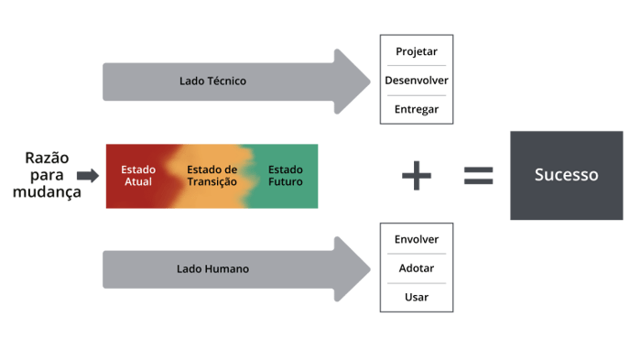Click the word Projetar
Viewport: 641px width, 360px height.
[x=417, y=51]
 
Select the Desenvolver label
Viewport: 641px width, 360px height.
[x=417, y=80]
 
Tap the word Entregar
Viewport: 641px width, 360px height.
[x=417, y=109]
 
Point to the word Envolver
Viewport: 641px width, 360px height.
[x=417, y=240]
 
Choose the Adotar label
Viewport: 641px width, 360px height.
[x=417, y=268]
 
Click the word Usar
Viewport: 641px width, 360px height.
[x=417, y=298]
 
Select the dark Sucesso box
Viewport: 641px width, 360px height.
[x=566, y=174]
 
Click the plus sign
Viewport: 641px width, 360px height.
[x=417, y=175]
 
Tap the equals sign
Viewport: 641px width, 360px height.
[x=477, y=175]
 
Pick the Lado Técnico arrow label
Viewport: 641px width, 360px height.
[x=212, y=81]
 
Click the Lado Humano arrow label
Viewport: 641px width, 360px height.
[x=212, y=269]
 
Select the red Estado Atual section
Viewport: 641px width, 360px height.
[x=138, y=175]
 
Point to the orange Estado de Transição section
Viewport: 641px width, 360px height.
[x=212, y=175]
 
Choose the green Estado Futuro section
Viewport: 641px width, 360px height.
[x=285, y=175]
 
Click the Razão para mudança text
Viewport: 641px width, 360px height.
[x=48, y=175]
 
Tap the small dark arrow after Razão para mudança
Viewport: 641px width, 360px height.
[x=88, y=176]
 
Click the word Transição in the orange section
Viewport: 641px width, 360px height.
[x=212, y=181]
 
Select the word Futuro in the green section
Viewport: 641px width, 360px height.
[x=285, y=181]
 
